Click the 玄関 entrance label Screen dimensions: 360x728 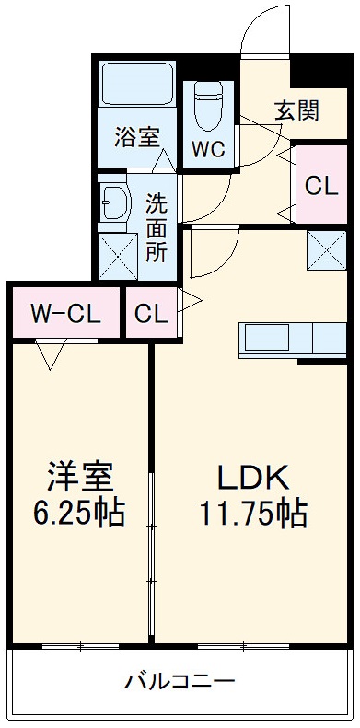tap(296, 110)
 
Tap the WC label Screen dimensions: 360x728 tap(209, 151)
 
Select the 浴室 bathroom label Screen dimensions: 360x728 tap(136, 138)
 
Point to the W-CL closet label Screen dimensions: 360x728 tap(64, 313)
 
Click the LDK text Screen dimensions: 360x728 tap(253, 477)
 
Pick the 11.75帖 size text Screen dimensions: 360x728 tap(253, 513)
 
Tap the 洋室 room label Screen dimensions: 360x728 tap(81, 477)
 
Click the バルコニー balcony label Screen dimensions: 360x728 tap(180, 682)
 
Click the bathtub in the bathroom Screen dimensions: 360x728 tap(136, 85)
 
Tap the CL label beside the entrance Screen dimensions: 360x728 tap(321, 185)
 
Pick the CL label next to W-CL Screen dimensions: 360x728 tap(151, 313)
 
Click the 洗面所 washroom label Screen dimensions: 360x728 tap(157, 225)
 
